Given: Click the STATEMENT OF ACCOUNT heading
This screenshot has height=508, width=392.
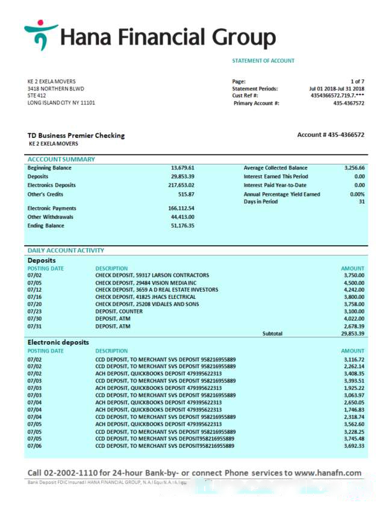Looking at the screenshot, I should (263, 61).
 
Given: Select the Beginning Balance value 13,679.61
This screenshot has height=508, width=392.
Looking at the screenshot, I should (182, 168).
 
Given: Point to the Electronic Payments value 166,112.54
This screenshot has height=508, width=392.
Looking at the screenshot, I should (181, 209).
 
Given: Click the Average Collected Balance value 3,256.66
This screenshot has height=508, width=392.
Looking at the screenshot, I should (354, 168).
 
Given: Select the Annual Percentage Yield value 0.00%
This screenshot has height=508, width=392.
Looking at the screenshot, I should (357, 195).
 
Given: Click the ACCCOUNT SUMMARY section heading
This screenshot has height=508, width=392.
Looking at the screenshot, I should (61, 159).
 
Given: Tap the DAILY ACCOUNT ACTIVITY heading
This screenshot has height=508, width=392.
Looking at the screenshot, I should (66, 250).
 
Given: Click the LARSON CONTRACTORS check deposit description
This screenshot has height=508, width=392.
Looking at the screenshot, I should (152, 275).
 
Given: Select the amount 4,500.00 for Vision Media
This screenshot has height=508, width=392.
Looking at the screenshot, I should (353, 283).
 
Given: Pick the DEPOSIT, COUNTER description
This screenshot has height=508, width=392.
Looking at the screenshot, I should (119, 312).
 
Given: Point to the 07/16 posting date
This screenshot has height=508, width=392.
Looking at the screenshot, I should (34, 297).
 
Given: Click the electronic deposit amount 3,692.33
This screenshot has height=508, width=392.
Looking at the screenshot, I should (353, 446).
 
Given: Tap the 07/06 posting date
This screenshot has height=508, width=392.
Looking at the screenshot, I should (34, 446).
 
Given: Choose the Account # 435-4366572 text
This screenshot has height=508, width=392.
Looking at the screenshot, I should (331, 135).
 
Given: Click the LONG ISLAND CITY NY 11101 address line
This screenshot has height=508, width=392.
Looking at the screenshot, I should (61, 102).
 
